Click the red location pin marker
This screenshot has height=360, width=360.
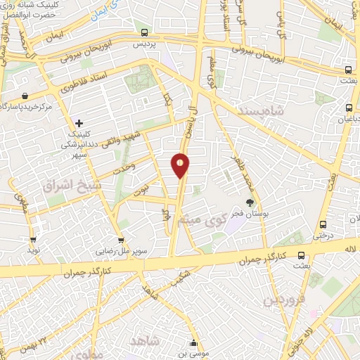(181, 165)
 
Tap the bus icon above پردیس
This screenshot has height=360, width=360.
(144, 32)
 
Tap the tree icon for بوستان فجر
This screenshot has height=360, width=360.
(250, 202)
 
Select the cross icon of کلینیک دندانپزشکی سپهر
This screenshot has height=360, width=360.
(79, 124)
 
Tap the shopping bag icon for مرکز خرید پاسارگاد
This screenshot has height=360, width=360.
(25, 96)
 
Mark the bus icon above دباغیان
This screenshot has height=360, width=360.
(349, 108)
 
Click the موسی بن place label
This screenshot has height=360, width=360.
(195, 354)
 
